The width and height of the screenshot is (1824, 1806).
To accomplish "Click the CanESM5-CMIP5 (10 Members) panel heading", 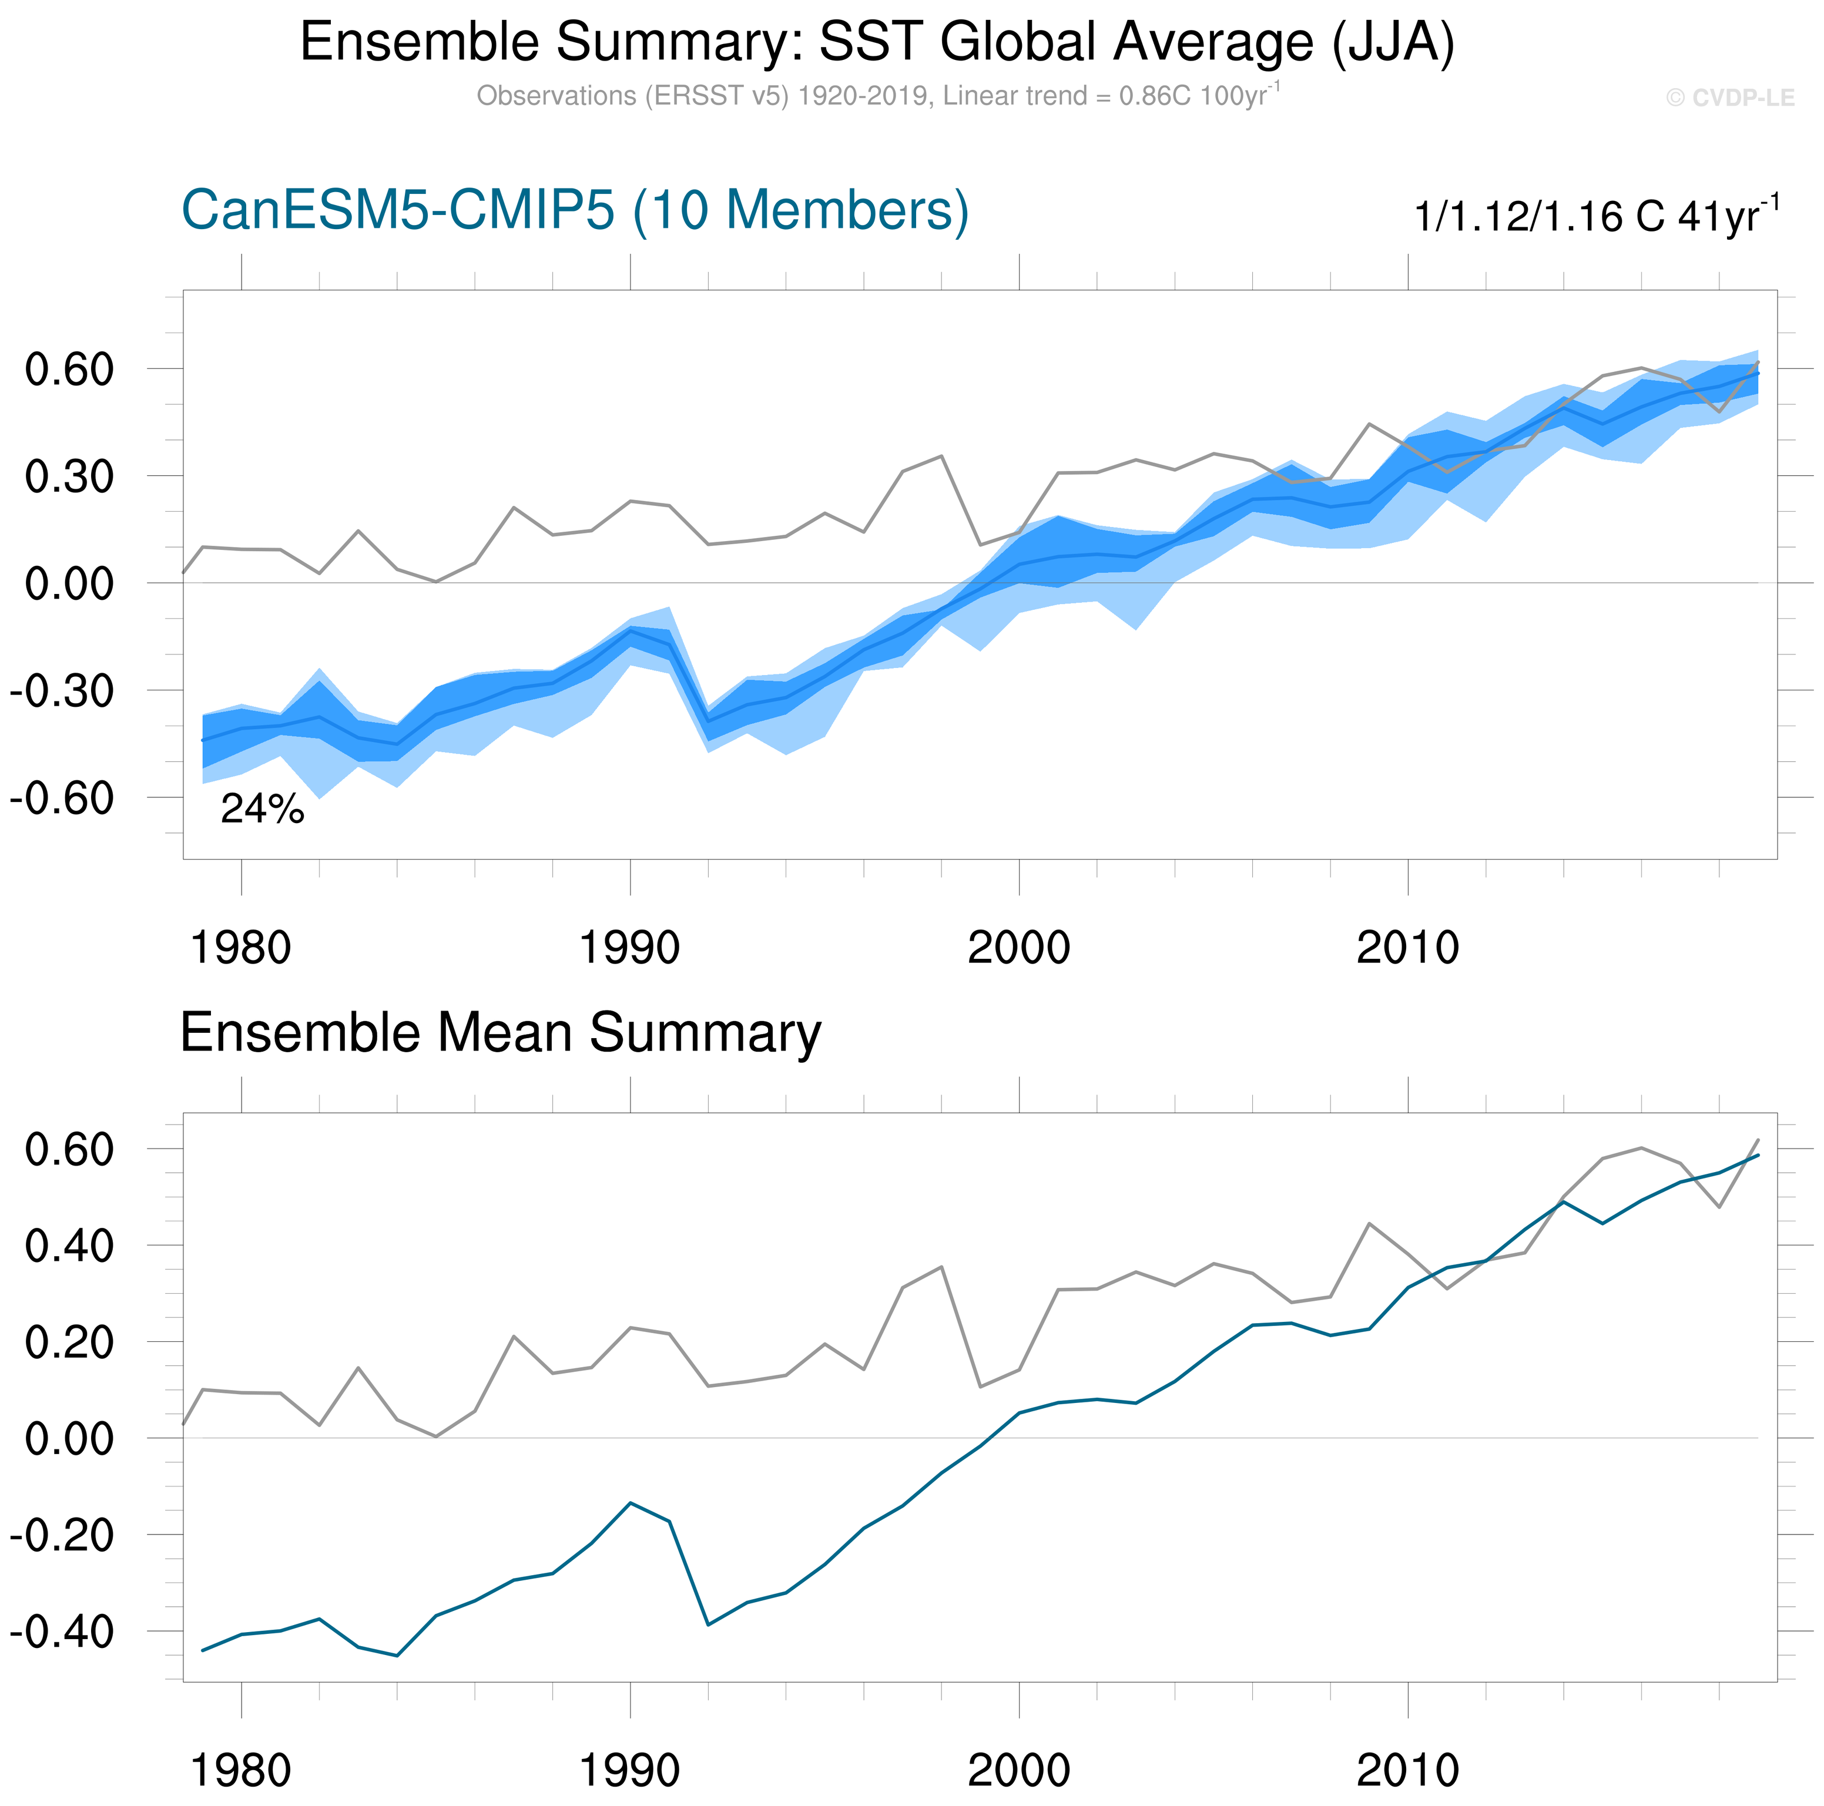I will pos(574,210).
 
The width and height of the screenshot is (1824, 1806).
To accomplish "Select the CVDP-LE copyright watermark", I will pos(1729,98).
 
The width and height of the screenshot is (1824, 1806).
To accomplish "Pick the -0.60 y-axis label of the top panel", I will pos(62,798).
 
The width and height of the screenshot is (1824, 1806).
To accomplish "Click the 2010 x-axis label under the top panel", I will pos(1407,948).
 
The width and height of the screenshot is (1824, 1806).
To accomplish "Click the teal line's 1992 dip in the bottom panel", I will pos(708,1624).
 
